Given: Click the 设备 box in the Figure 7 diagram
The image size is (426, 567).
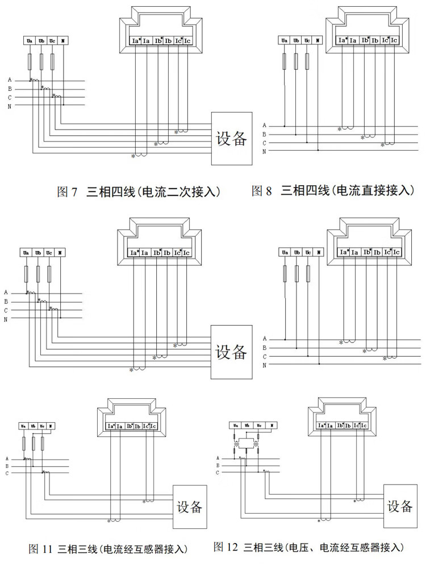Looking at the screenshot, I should click(232, 139).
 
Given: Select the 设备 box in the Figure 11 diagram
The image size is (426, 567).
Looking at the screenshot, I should click(189, 506).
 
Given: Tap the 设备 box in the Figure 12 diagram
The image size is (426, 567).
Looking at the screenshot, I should click(400, 506).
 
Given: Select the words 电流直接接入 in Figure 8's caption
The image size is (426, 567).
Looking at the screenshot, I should click(374, 191).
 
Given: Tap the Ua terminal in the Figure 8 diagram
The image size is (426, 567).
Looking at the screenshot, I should click(285, 40).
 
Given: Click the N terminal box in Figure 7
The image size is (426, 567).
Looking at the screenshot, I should click(64, 41).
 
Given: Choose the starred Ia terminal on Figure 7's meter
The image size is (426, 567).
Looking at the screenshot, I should click(136, 41).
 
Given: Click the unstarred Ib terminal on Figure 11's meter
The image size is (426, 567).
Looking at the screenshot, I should click(138, 426).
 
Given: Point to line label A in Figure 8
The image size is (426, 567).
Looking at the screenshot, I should click(264, 125).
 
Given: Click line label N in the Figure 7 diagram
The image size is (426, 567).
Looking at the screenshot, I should click(10, 106).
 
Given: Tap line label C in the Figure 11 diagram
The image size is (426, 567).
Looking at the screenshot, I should click(7, 473).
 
